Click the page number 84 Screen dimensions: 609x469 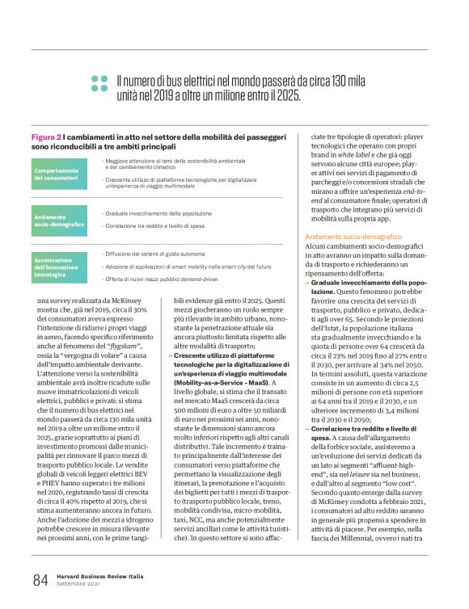pyautogui.click(x=40, y=578)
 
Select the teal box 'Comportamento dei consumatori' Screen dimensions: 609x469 pyautogui.click(x=60, y=174)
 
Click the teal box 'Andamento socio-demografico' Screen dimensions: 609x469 pyautogui.click(x=60, y=220)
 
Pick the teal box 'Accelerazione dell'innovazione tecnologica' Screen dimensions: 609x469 pyautogui.click(x=60, y=266)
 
